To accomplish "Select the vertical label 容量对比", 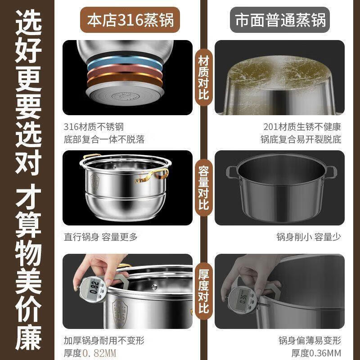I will click(x=203, y=188).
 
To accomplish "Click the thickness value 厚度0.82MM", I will click(x=90, y=352).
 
